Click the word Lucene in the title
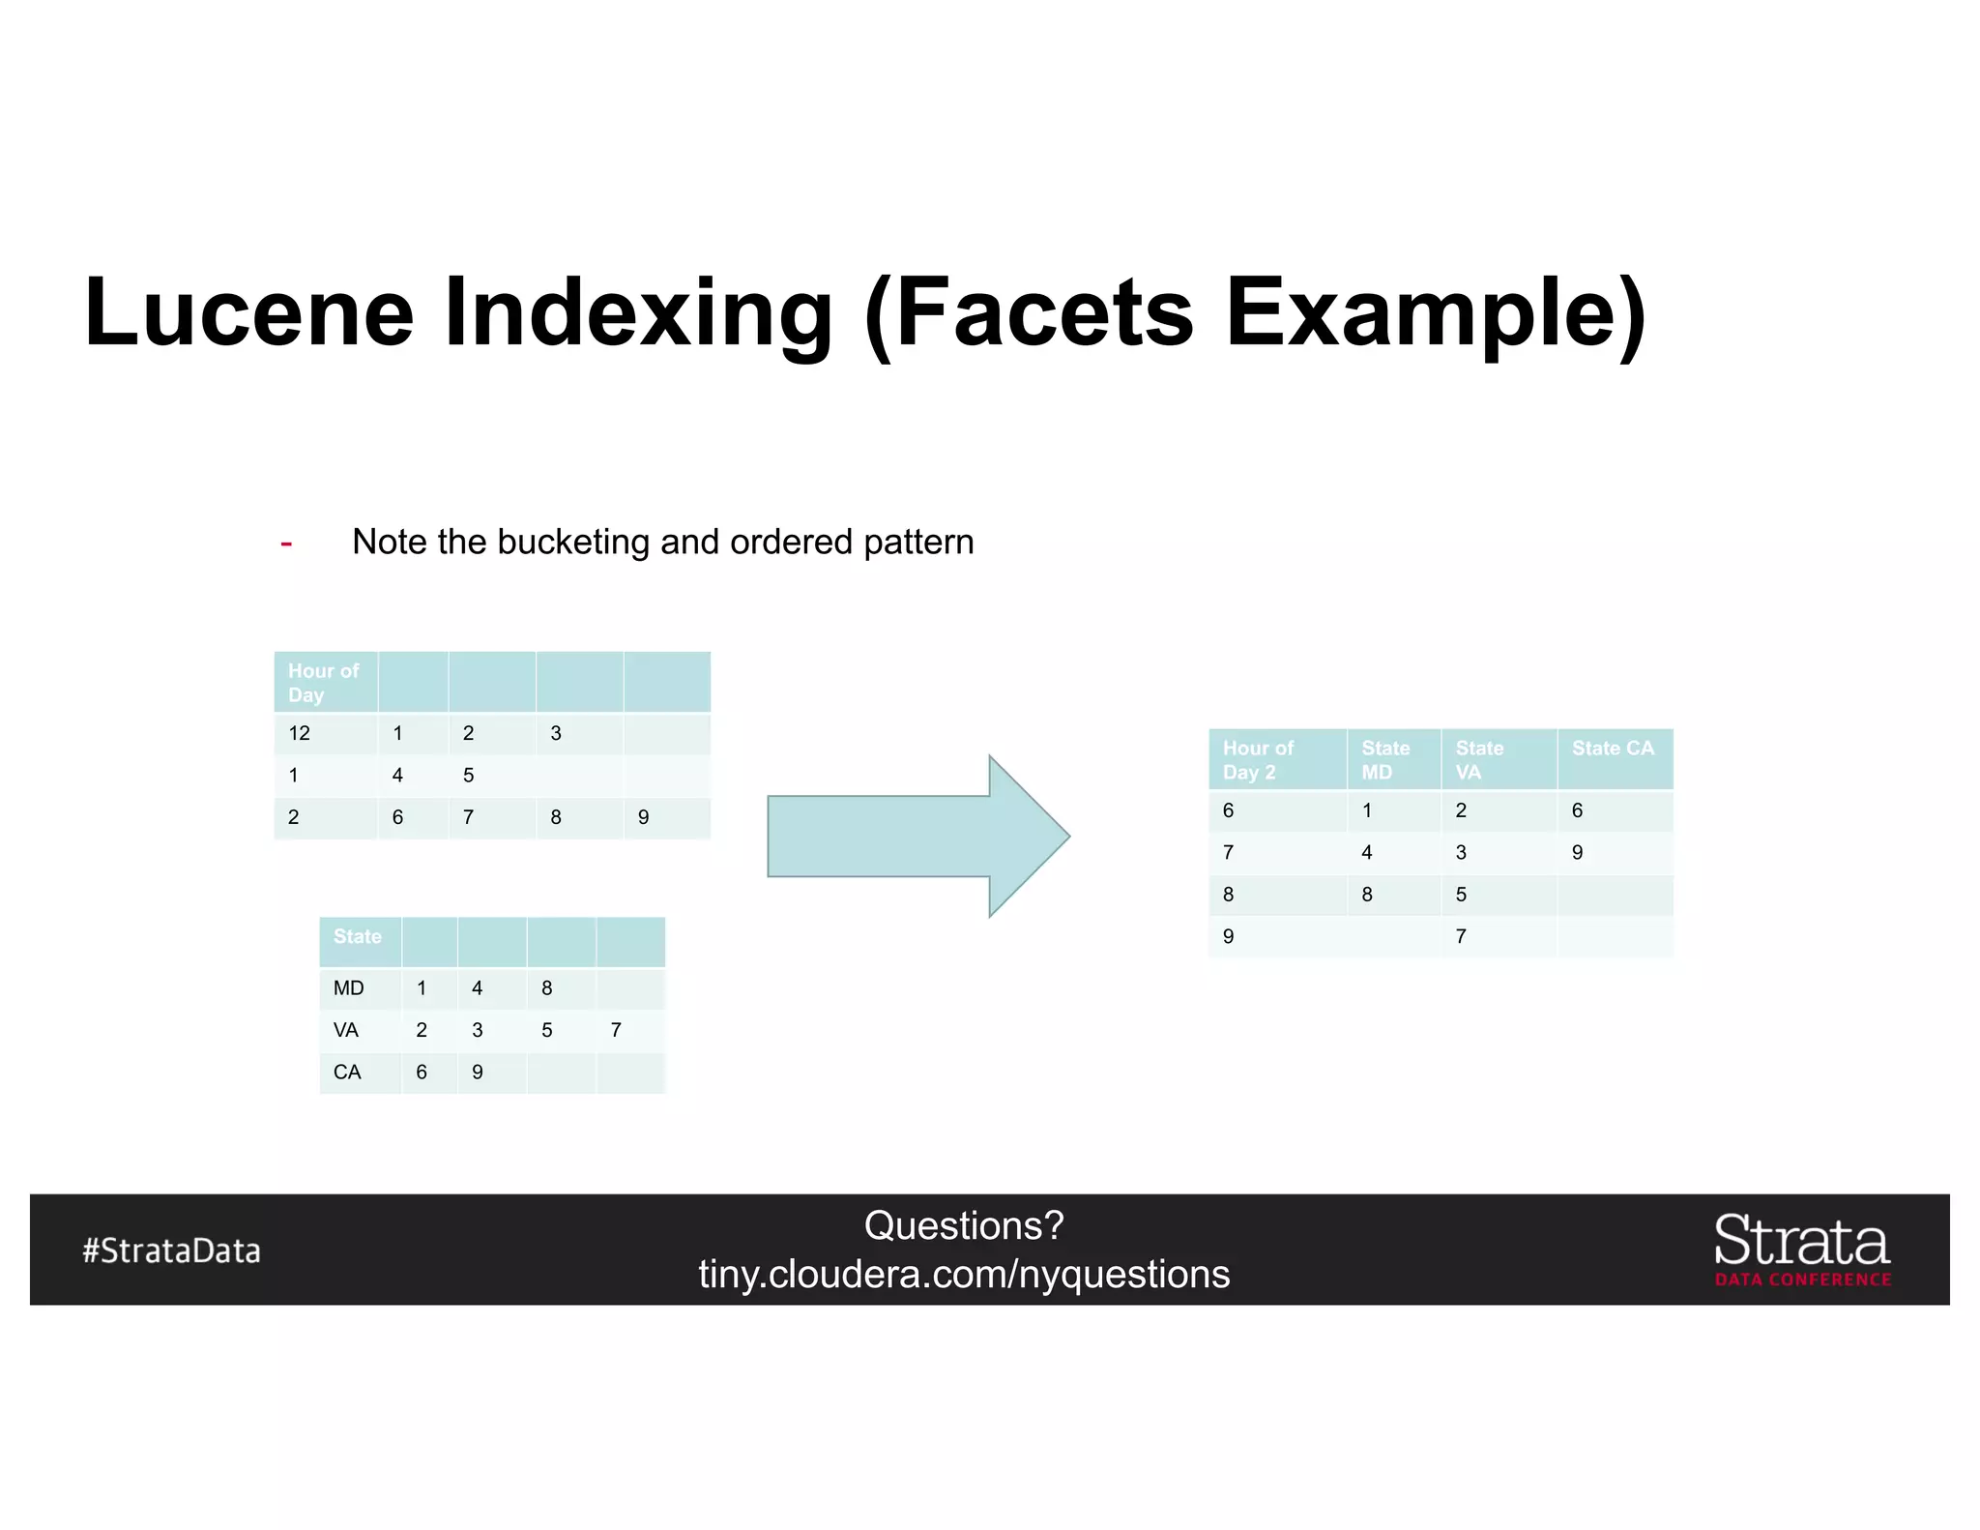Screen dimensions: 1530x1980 tap(249, 313)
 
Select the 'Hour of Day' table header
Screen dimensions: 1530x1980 tap(323, 683)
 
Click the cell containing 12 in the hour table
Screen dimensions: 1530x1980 tap(300, 733)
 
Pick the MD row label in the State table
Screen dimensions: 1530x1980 tap(348, 988)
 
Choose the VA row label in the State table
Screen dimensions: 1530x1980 tap(346, 1030)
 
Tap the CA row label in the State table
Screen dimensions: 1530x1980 tap(347, 1072)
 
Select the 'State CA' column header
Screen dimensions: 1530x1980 tap(1613, 749)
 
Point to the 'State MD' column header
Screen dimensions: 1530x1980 tap(1384, 760)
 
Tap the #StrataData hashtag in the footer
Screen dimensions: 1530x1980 tap(172, 1250)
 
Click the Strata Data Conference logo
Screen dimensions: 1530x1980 tap(1802, 1250)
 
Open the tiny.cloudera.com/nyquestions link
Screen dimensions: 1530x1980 tap(964, 1275)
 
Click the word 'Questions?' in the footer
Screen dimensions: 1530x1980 tap(964, 1226)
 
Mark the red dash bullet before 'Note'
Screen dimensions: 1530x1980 tap(286, 544)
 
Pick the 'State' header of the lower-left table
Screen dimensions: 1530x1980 tap(358, 936)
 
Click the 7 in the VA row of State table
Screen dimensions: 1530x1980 tap(616, 1030)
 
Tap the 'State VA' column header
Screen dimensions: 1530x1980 tap(1479, 760)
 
